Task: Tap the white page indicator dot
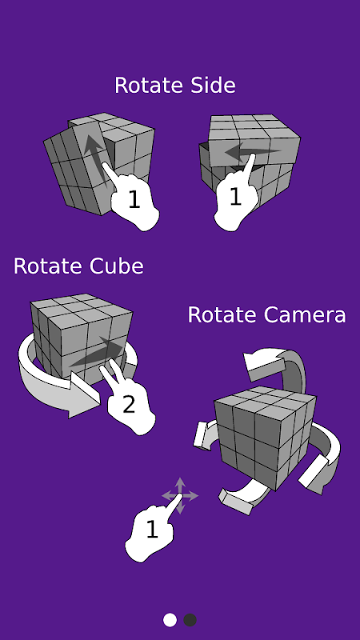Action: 170,620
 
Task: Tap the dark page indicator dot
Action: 190,620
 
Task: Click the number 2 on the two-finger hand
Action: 129,405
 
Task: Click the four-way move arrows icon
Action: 180,496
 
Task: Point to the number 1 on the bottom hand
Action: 152,530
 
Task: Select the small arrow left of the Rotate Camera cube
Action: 205,435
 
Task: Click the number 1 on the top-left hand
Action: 134,200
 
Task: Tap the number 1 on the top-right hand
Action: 235,196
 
